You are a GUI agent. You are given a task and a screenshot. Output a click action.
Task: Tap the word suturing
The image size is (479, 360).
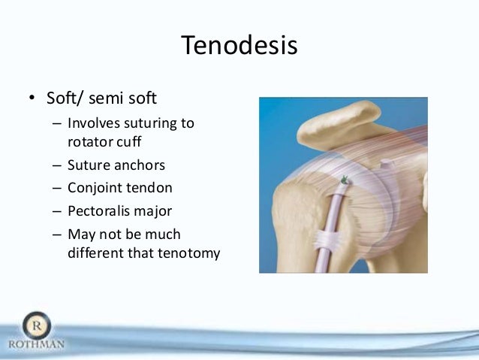point(148,123)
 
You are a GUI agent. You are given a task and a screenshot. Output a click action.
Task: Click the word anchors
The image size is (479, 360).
point(140,164)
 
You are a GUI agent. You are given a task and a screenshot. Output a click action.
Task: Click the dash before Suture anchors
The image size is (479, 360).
point(58,165)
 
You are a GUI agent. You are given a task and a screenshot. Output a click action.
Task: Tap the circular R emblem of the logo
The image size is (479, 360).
point(36,325)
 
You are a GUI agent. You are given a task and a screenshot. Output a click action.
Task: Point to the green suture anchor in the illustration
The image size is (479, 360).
point(345,180)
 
